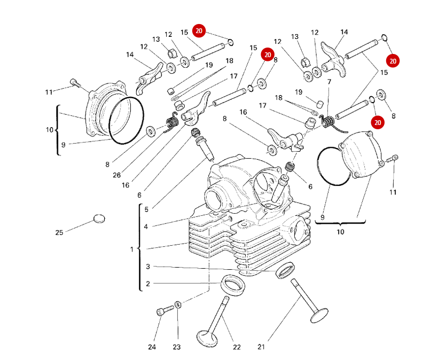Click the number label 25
click(x=59, y=232)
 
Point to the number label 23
click(x=177, y=347)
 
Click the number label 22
click(x=237, y=347)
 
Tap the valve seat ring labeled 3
click(x=285, y=270)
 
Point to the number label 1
click(x=132, y=249)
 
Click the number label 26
click(x=117, y=175)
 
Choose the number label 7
click(x=330, y=82)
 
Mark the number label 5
click(x=145, y=209)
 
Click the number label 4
click(x=145, y=226)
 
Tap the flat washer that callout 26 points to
click(x=151, y=130)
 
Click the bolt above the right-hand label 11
click(x=394, y=158)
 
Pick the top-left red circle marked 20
click(x=199, y=32)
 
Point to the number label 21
click(x=261, y=347)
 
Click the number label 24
click(x=152, y=347)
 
